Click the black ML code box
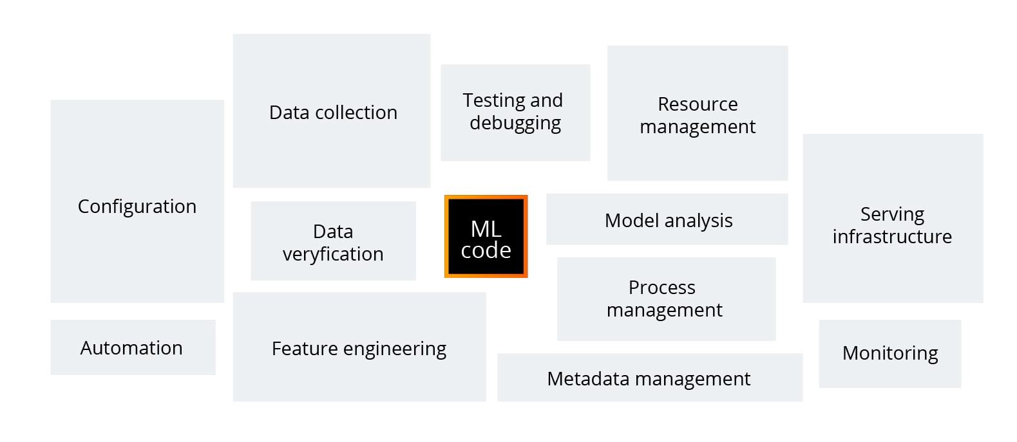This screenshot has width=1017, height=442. [486, 237]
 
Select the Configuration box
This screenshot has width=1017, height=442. [137, 201]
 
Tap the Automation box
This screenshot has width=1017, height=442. [133, 347]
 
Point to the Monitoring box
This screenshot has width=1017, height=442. [889, 353]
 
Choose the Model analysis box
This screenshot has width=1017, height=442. [667, 219]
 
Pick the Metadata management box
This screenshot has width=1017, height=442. [649, 378]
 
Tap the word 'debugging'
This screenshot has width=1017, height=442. [515, 123]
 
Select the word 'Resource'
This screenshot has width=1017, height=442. [698, 104]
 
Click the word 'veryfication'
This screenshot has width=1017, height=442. [333, 254]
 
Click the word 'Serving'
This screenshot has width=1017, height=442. [892, 214]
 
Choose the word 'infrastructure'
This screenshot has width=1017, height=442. [892, 237]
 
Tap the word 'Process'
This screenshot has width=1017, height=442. [661, 287]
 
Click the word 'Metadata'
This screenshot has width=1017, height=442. [588, 378]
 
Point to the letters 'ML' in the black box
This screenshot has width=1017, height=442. [486, 228]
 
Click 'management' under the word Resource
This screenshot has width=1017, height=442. [698, 127]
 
